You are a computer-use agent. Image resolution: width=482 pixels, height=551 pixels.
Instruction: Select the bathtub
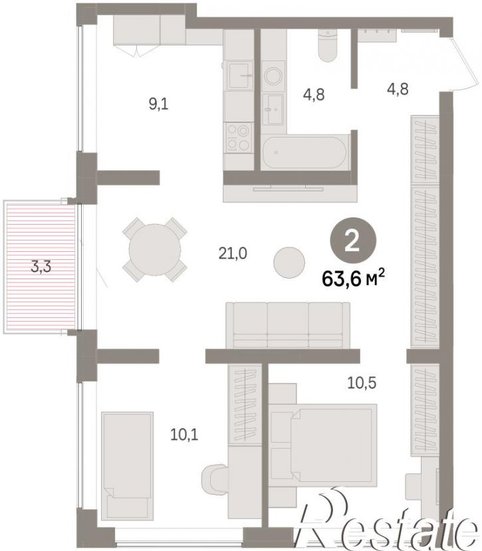(305, 152)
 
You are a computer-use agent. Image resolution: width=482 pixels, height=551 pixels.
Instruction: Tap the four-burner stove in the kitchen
(239, 138)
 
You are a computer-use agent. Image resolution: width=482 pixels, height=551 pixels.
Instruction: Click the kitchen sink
(241, 75)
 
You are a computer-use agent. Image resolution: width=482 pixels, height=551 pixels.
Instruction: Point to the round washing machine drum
(273, 76)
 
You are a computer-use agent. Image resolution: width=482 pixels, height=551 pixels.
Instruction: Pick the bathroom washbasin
(273, 109)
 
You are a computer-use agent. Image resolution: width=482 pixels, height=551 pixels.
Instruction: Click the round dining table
(155, 249)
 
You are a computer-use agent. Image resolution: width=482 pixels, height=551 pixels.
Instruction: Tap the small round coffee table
(289, 262)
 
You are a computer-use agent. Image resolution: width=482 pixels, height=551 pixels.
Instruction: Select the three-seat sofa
(288, 326)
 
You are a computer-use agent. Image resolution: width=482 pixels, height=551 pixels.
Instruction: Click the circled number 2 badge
(352, 241)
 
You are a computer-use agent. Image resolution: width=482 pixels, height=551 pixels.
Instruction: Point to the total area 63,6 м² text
(353, 278)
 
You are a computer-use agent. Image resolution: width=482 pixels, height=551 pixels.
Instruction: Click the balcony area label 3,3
(41, 267)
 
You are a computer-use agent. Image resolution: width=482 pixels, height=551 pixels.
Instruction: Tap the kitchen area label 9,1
(158, 104)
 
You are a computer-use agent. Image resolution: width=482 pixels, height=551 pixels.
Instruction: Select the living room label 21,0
(233, 253)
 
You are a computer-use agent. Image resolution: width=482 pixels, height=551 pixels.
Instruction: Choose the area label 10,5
(362, 383)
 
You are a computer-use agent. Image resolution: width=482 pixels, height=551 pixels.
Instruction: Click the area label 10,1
(184, 435)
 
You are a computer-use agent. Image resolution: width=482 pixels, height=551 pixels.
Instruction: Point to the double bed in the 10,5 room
(322, 445)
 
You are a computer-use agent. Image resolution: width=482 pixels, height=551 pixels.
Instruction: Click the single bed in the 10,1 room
(127, 466)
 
